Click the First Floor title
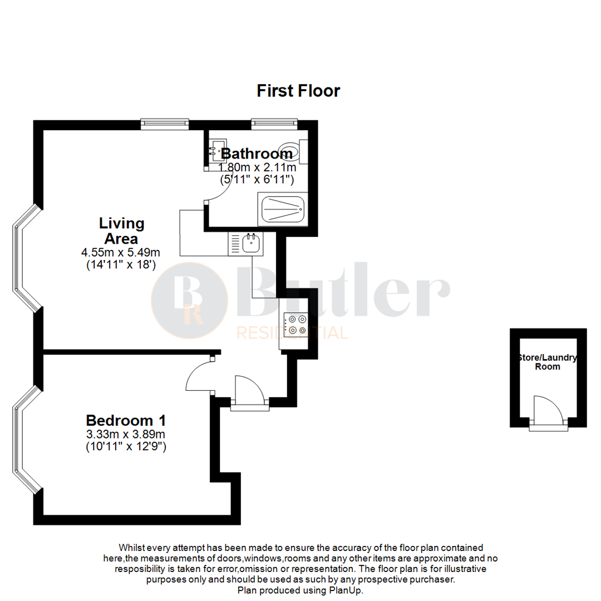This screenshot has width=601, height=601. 298,91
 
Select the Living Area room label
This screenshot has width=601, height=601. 121,231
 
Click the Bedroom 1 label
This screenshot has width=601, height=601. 125,420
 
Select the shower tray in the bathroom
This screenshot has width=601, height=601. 282,209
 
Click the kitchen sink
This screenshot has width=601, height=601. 252,243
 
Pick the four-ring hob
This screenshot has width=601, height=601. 295,325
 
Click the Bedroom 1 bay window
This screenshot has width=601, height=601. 24,440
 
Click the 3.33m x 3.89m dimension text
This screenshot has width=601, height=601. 125,434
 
